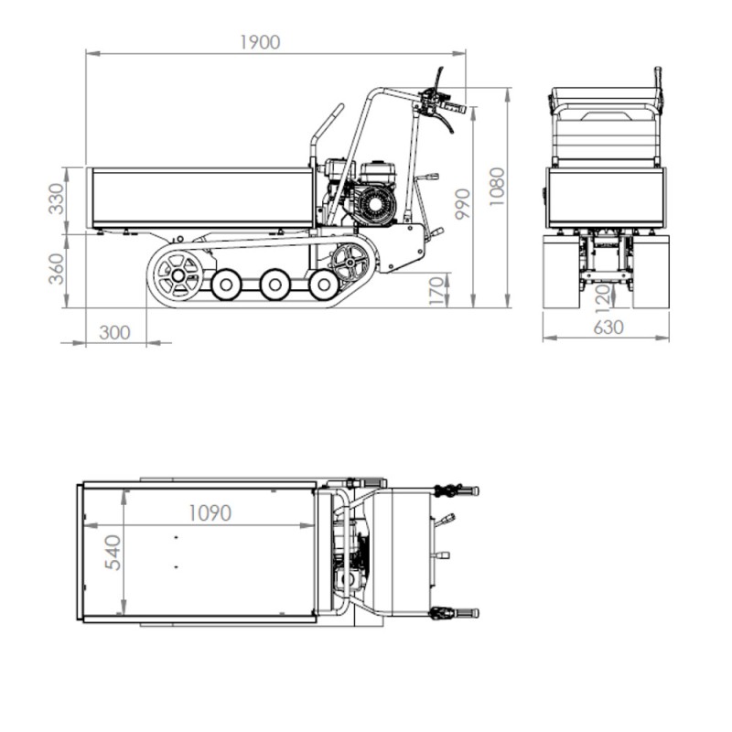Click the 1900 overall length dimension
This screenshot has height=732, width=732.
(260, 42)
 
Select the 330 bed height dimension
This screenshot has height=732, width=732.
(57, 199)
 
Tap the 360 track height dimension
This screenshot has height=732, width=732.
(57, 269)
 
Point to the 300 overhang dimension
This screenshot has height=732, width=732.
(115, 333)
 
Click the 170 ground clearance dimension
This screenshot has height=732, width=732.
(437, 291)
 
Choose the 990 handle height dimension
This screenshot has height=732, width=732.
(463, 204)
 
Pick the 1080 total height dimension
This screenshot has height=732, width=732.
(497, 187)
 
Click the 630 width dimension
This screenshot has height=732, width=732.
(608, 328)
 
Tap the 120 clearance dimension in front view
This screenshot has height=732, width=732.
(603, 299)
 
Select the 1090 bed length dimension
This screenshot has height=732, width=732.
(210, 513)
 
